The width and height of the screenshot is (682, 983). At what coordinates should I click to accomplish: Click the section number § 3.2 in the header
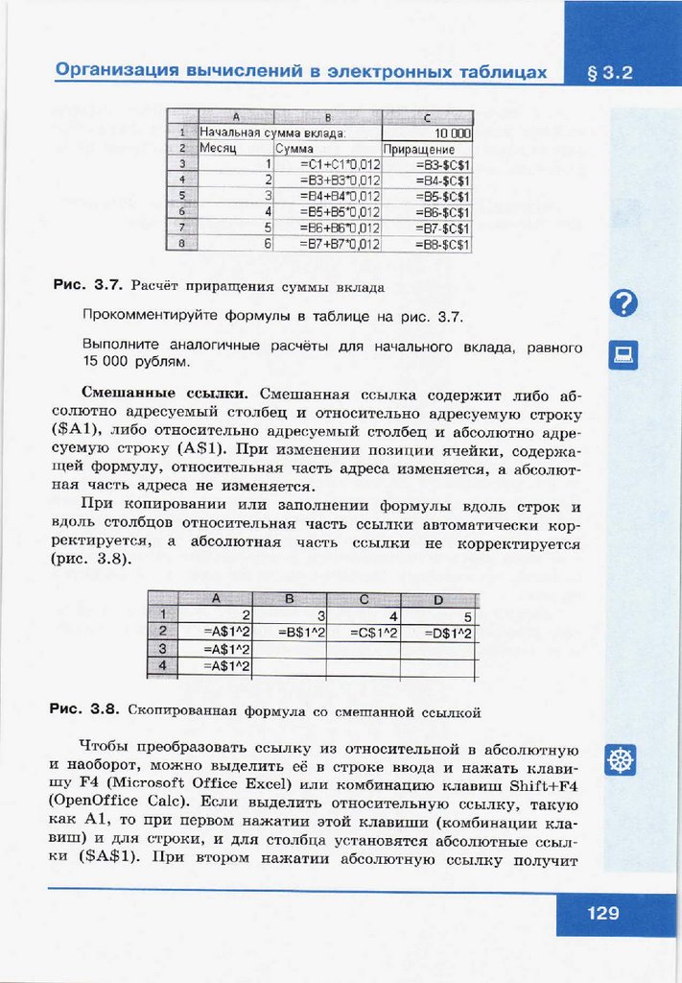pyautogui.click(x=610, y=72)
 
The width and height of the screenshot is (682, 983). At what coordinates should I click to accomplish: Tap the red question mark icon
pyautogui.click(x=623, y=304)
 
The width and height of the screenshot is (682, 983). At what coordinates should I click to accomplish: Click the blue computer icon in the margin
pyautogui.click(x=623, y=355)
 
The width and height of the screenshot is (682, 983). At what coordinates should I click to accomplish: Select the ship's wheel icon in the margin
pyautogui.click(x=623, y=761)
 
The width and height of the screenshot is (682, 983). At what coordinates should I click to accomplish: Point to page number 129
pyautogui.click(x=603, y=913)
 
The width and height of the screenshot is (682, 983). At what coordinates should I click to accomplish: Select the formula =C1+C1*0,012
pyautogui.click(x=341, y=164)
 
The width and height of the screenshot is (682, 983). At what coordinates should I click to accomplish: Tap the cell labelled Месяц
pyautogui.click(x=218, y=149)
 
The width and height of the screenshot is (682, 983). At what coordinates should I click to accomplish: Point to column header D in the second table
pyautogui.click(x=437, y=600)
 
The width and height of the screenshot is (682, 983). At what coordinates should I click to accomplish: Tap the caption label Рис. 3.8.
pyautogui.click(x=84, y=711)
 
